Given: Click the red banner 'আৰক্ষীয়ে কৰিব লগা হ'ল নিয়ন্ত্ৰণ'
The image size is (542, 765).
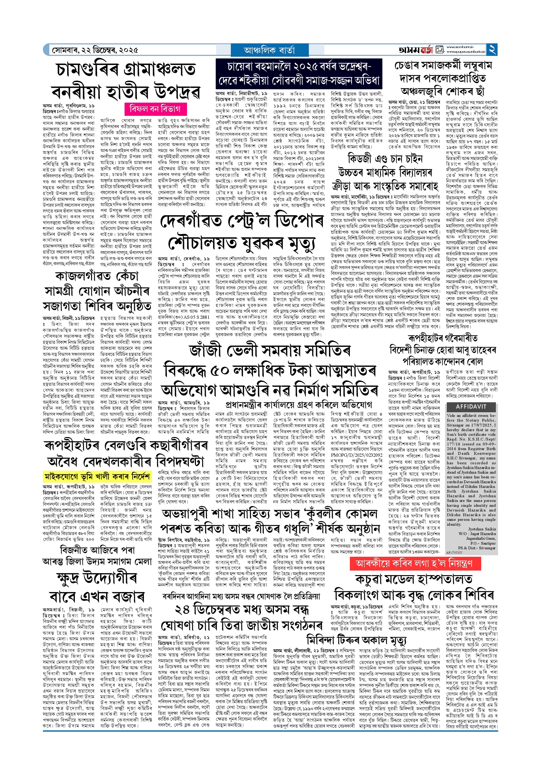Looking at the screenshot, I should click(x=415, y=564).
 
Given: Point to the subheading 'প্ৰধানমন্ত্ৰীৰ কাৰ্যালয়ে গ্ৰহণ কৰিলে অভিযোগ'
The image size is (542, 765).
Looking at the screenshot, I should click(x=299, y=405).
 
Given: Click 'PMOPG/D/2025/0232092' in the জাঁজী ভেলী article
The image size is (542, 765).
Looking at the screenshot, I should click(x=356, y=455).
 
